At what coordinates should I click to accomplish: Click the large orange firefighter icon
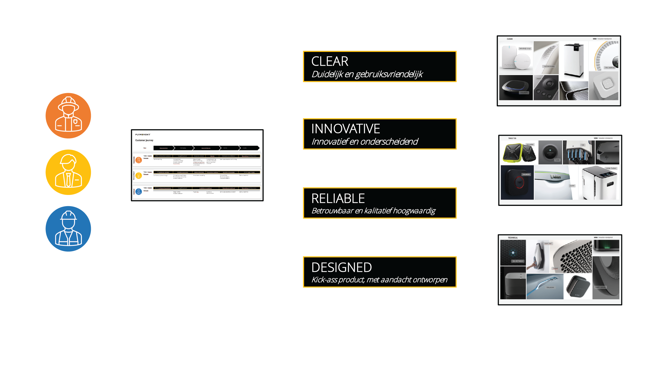click(68, 115)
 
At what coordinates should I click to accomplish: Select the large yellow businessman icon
click(68, 172)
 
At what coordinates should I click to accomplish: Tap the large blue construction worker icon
click(68, 229)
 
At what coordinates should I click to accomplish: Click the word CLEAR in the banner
click(330, 62)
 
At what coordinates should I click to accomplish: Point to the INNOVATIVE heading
click(345, 129)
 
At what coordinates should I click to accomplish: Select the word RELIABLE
click(338, 199)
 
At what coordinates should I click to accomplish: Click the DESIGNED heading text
click(341, 267)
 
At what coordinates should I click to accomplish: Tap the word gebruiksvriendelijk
click(389, 74)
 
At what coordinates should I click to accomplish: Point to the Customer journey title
click(144, 140)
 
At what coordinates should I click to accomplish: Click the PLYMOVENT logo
click(143, 135)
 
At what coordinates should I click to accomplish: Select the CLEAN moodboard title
click(509, 39)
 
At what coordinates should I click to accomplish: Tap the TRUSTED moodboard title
click(512, 138)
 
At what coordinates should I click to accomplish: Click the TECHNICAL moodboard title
click(513, 238)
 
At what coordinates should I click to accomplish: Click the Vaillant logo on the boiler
click(556, 177)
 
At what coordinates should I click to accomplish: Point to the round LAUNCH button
click(550, 152)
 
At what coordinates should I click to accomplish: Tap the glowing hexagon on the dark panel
click(513, 252)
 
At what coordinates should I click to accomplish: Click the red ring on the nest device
click(520, 182)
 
